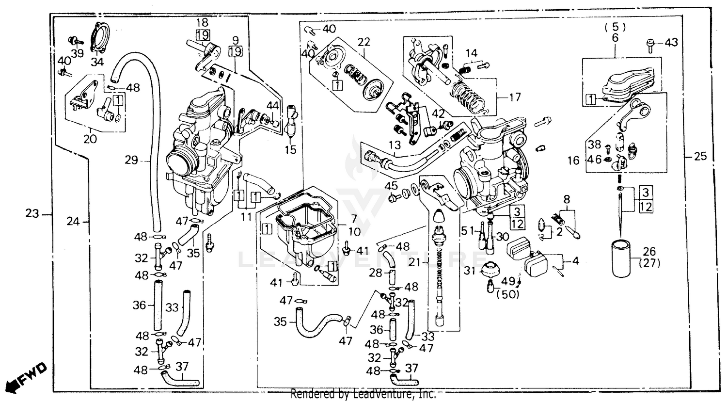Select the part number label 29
pos(131,160)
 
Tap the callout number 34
pos(97,62)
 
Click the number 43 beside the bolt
pos(671,43)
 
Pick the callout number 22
pos(363,42)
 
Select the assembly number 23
pos(32,213)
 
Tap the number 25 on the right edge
pos(700,157)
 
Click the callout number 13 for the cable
pos(395,145)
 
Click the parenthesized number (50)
pos(507,293)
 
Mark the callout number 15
pos(290,150)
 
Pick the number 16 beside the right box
pos(573,160)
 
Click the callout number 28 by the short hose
pos(376,273)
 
